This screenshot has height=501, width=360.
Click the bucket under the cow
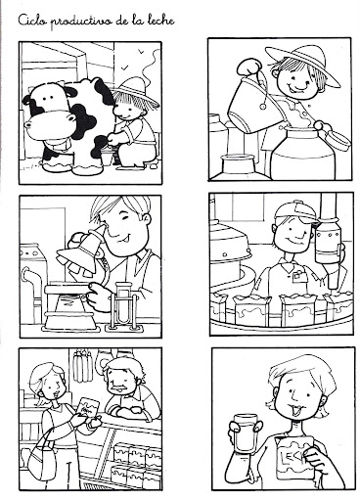107,158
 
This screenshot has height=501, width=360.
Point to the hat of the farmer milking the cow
134,90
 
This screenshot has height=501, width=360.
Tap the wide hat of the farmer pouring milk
301,62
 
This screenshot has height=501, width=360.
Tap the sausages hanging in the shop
82,365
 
